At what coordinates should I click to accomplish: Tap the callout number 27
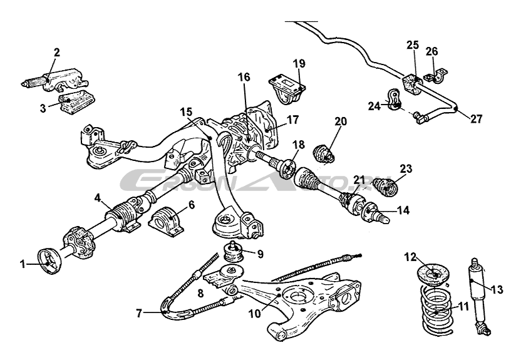pos(477,118)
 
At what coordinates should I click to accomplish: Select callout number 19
pos(299,63)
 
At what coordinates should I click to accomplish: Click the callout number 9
pos(261,254)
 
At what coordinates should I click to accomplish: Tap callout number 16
pos(244,78)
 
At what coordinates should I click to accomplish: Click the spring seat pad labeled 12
pos(434,274)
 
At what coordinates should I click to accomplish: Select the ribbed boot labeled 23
pos(391,185)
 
